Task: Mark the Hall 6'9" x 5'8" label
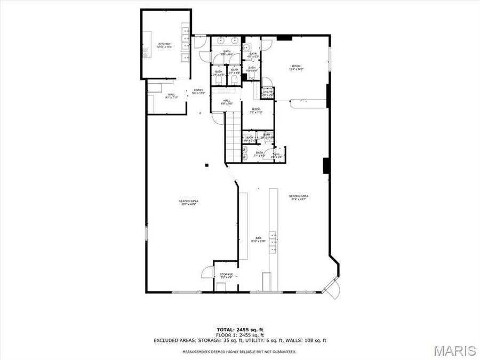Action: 227,102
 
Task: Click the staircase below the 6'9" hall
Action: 233,140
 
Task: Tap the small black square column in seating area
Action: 206,165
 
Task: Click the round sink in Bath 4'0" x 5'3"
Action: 246,47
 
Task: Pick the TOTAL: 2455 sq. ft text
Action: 239,329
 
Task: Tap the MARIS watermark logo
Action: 454,350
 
